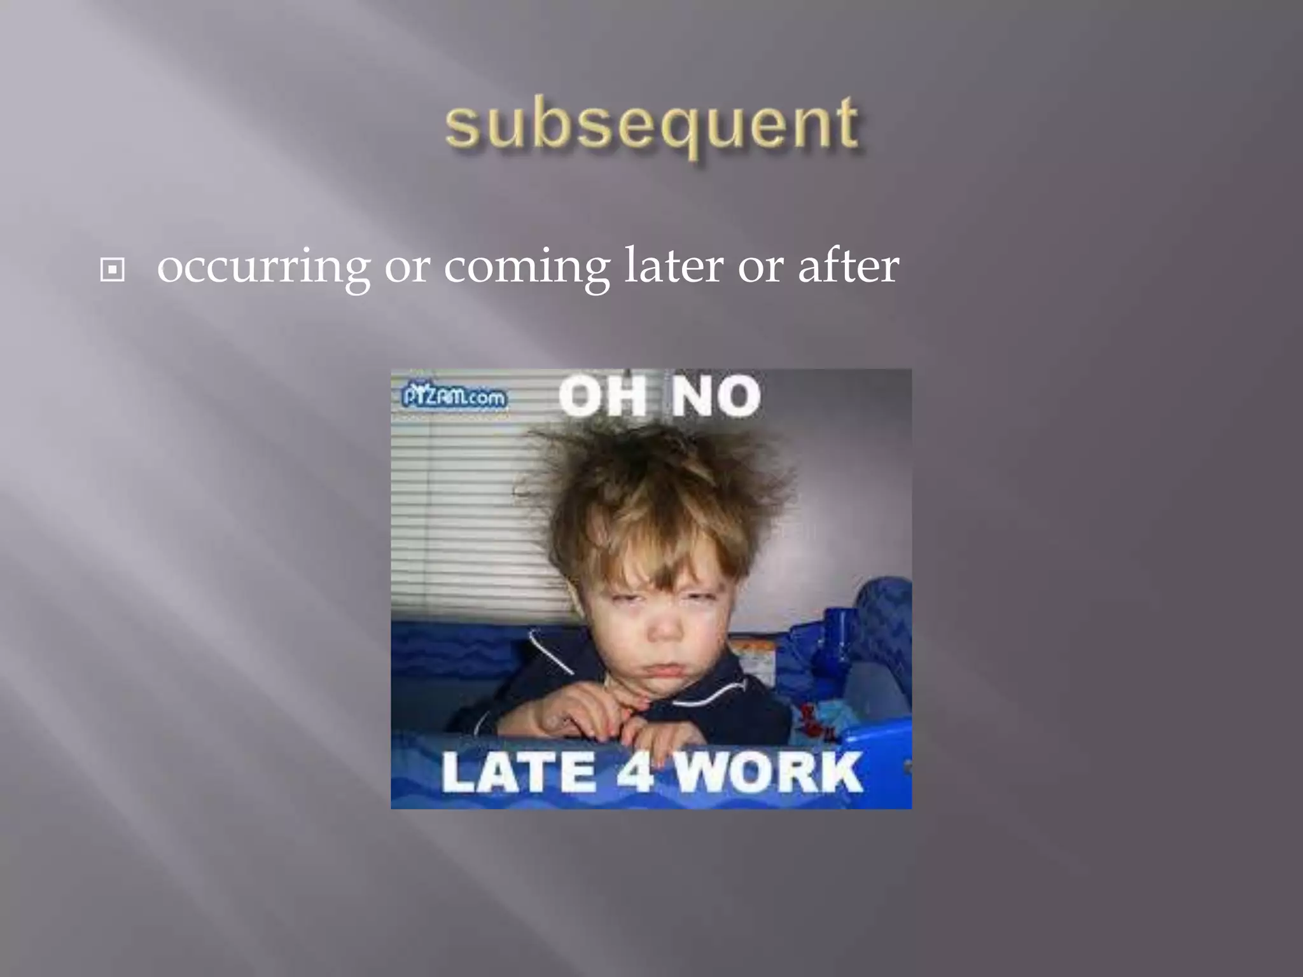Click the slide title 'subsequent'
(652, 125)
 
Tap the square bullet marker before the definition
(113, 271)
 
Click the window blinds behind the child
(458, 509)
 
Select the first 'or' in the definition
(407, 267)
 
